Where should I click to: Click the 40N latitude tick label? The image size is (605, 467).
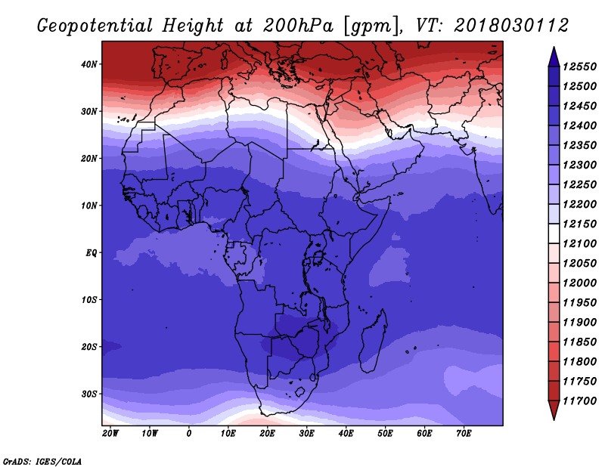click(88, 64)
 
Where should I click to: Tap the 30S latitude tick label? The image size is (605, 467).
click(88, 394)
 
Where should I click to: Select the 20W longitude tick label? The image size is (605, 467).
click(110, 434)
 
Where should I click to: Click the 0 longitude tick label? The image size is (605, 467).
click(188, 434)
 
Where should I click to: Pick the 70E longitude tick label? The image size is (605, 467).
click(464, 434)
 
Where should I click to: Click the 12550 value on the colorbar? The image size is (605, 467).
click(579, 66)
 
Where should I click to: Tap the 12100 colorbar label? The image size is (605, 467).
click(579, 244)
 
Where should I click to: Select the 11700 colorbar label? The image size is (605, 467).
click(579, 401)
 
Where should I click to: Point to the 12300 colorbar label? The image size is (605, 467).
click(579, 165)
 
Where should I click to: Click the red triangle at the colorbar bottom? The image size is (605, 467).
click(554, 410)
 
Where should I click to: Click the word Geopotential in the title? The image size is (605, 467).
click(95, 26)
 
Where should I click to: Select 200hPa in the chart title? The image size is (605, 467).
click(298, 26)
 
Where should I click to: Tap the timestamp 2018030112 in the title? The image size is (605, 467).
click(511, 26)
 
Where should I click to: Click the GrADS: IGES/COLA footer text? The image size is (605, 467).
click(42, 461)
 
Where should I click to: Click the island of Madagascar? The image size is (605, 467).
click(374, 342)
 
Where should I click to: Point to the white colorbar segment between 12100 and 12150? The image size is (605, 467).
click(554, 233)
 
